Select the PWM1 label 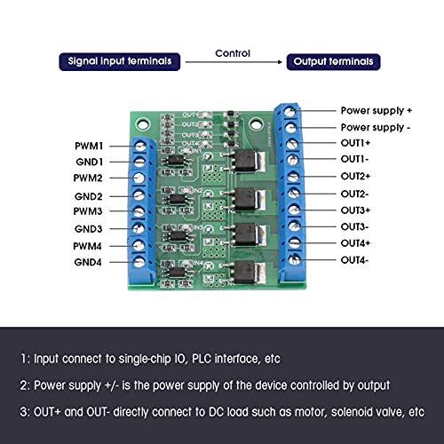coord(90,145)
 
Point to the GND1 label coord(90,162)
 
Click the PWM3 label coord(90,211)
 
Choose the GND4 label coord(90,262)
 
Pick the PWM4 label coord(90,245)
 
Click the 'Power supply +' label coord(377,111)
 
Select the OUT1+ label coord(357,143)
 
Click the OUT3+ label coord(357,210)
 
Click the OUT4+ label coord(357,242)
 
